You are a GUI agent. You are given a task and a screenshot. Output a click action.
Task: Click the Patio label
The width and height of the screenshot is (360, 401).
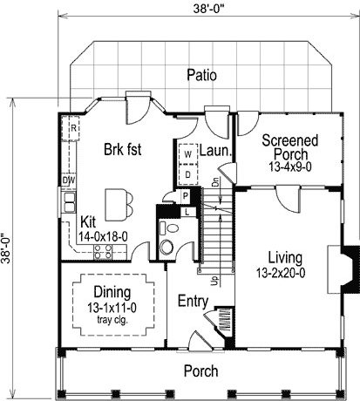point(201,75)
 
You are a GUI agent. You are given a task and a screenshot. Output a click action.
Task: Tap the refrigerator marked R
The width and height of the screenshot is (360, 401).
point(71,128)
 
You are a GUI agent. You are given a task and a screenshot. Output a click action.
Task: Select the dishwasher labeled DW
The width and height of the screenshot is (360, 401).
point(69,180)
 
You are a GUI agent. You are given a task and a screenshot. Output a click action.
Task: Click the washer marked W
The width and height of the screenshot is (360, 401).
point(188,154)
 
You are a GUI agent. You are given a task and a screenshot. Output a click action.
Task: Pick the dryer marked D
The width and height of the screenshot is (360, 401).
point(188,174)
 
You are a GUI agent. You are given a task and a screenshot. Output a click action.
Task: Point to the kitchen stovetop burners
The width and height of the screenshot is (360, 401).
point(103,252)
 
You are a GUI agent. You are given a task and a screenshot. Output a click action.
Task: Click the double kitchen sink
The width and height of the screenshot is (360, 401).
point(70,202)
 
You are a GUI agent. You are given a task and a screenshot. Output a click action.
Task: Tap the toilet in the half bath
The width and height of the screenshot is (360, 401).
point(169,228)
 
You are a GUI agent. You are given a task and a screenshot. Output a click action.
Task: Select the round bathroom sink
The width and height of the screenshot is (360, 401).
point(166,247)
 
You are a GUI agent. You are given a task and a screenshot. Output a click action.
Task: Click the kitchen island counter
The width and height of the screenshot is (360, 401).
point(116,205)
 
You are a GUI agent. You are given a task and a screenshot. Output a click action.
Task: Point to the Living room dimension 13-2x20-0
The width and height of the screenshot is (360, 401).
point(281,273)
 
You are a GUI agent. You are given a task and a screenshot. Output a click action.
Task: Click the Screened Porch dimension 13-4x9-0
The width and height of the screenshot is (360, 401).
point(290,167)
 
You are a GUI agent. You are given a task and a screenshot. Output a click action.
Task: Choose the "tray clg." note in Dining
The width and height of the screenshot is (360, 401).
point(112,320)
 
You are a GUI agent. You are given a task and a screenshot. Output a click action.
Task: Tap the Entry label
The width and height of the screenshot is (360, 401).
point(193,302)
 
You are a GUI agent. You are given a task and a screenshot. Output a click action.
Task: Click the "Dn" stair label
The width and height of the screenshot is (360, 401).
point(215,182)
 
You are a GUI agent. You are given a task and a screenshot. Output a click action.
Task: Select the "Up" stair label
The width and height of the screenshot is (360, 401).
point(214,281)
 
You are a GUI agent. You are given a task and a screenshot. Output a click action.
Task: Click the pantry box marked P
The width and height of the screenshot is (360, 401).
point(186,196)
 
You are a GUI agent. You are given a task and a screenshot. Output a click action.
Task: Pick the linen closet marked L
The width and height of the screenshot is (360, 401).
point(187,212)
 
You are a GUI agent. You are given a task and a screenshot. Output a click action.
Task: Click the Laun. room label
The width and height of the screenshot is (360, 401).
point(215,151)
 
